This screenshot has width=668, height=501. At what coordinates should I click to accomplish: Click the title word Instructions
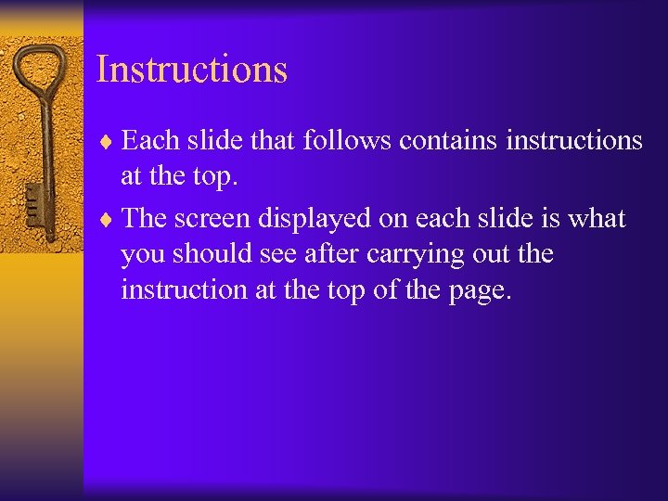coord(192,70)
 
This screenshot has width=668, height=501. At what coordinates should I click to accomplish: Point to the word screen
coord(220,219)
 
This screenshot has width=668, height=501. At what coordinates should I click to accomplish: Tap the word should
coord(203,254)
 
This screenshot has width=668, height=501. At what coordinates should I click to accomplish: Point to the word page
coord(477,290)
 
